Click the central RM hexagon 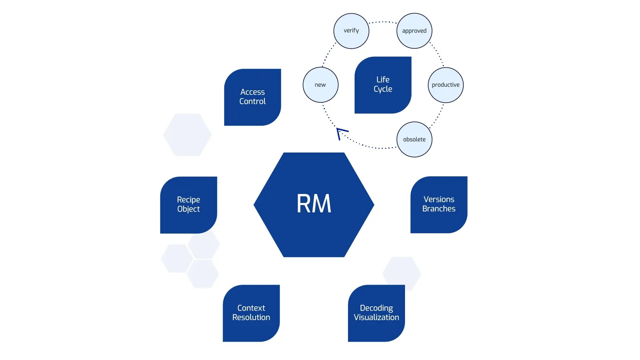point(314,204)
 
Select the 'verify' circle point(351,31)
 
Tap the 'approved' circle point(414,31)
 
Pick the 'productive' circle point(445,85)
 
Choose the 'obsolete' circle point(414,139)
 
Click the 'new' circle point(320,85)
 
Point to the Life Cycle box point(383,85)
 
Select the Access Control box point(252,97)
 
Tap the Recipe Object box point(188,205)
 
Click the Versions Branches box point(439,204)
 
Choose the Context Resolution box point(251,313)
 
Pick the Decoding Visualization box point(376,313)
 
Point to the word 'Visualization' point(376,317)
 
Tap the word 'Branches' point(439,209)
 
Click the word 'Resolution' point(251,317)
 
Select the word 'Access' point(252,92)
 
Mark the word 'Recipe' point(188,200)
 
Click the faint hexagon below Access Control point(187,135)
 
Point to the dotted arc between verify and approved point(383,22)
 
